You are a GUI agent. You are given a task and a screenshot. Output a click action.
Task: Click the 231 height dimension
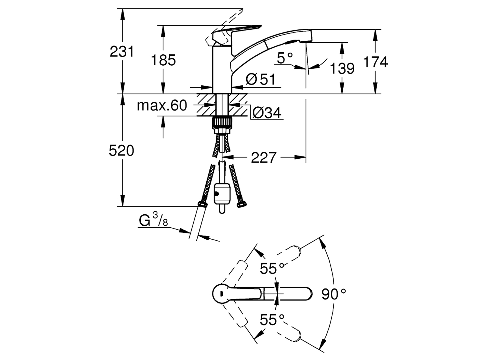(x=122, y=52)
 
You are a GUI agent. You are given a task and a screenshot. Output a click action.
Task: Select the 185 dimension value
(x=163, y=60)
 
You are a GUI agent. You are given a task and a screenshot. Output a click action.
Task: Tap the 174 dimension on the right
(x=375, y=62)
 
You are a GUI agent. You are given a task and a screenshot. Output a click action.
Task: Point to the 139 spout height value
(x=342, y=68)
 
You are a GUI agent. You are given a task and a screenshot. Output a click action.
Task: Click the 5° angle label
(x=285, y=58)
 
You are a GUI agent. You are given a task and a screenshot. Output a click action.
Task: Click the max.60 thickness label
(x=162, y=106)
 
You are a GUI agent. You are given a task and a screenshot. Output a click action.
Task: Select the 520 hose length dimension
(x=121, y=151)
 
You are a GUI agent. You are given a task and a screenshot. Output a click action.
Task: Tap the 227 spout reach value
(x=263, y=158)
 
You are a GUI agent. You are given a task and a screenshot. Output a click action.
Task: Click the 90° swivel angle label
(x=334, y=294)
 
